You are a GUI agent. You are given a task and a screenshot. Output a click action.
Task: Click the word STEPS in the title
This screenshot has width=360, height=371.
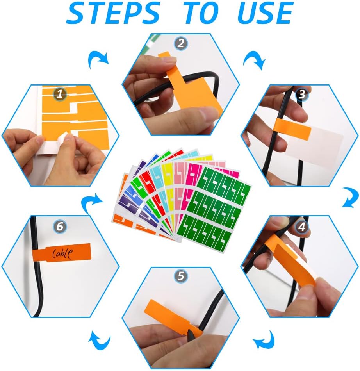click(114, 13)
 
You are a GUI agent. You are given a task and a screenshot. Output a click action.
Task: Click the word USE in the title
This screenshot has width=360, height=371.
click(266, 13)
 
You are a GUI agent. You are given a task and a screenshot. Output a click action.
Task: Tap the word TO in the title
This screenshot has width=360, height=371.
click(201, 13)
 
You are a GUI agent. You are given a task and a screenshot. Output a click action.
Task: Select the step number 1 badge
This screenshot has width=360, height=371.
click(60, 94)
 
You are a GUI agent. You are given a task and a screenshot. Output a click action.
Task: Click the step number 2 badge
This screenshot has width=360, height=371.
click(181, 43)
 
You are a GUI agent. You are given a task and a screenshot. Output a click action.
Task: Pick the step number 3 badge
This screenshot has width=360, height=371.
click(302, 94)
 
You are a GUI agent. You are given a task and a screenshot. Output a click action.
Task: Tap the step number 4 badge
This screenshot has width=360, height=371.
click(302, 227)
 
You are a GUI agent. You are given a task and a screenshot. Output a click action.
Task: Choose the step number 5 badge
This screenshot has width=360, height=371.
click(181, 276)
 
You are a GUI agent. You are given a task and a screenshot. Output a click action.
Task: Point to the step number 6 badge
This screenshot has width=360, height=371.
click(60, 227)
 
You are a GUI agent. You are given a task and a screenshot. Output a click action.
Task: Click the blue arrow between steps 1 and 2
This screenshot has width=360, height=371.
click(98, 59)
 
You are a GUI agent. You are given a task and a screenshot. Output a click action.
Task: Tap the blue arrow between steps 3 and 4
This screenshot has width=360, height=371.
click(351, 197)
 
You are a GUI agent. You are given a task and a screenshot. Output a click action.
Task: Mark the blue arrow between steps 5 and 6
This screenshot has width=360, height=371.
click(99, 340)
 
